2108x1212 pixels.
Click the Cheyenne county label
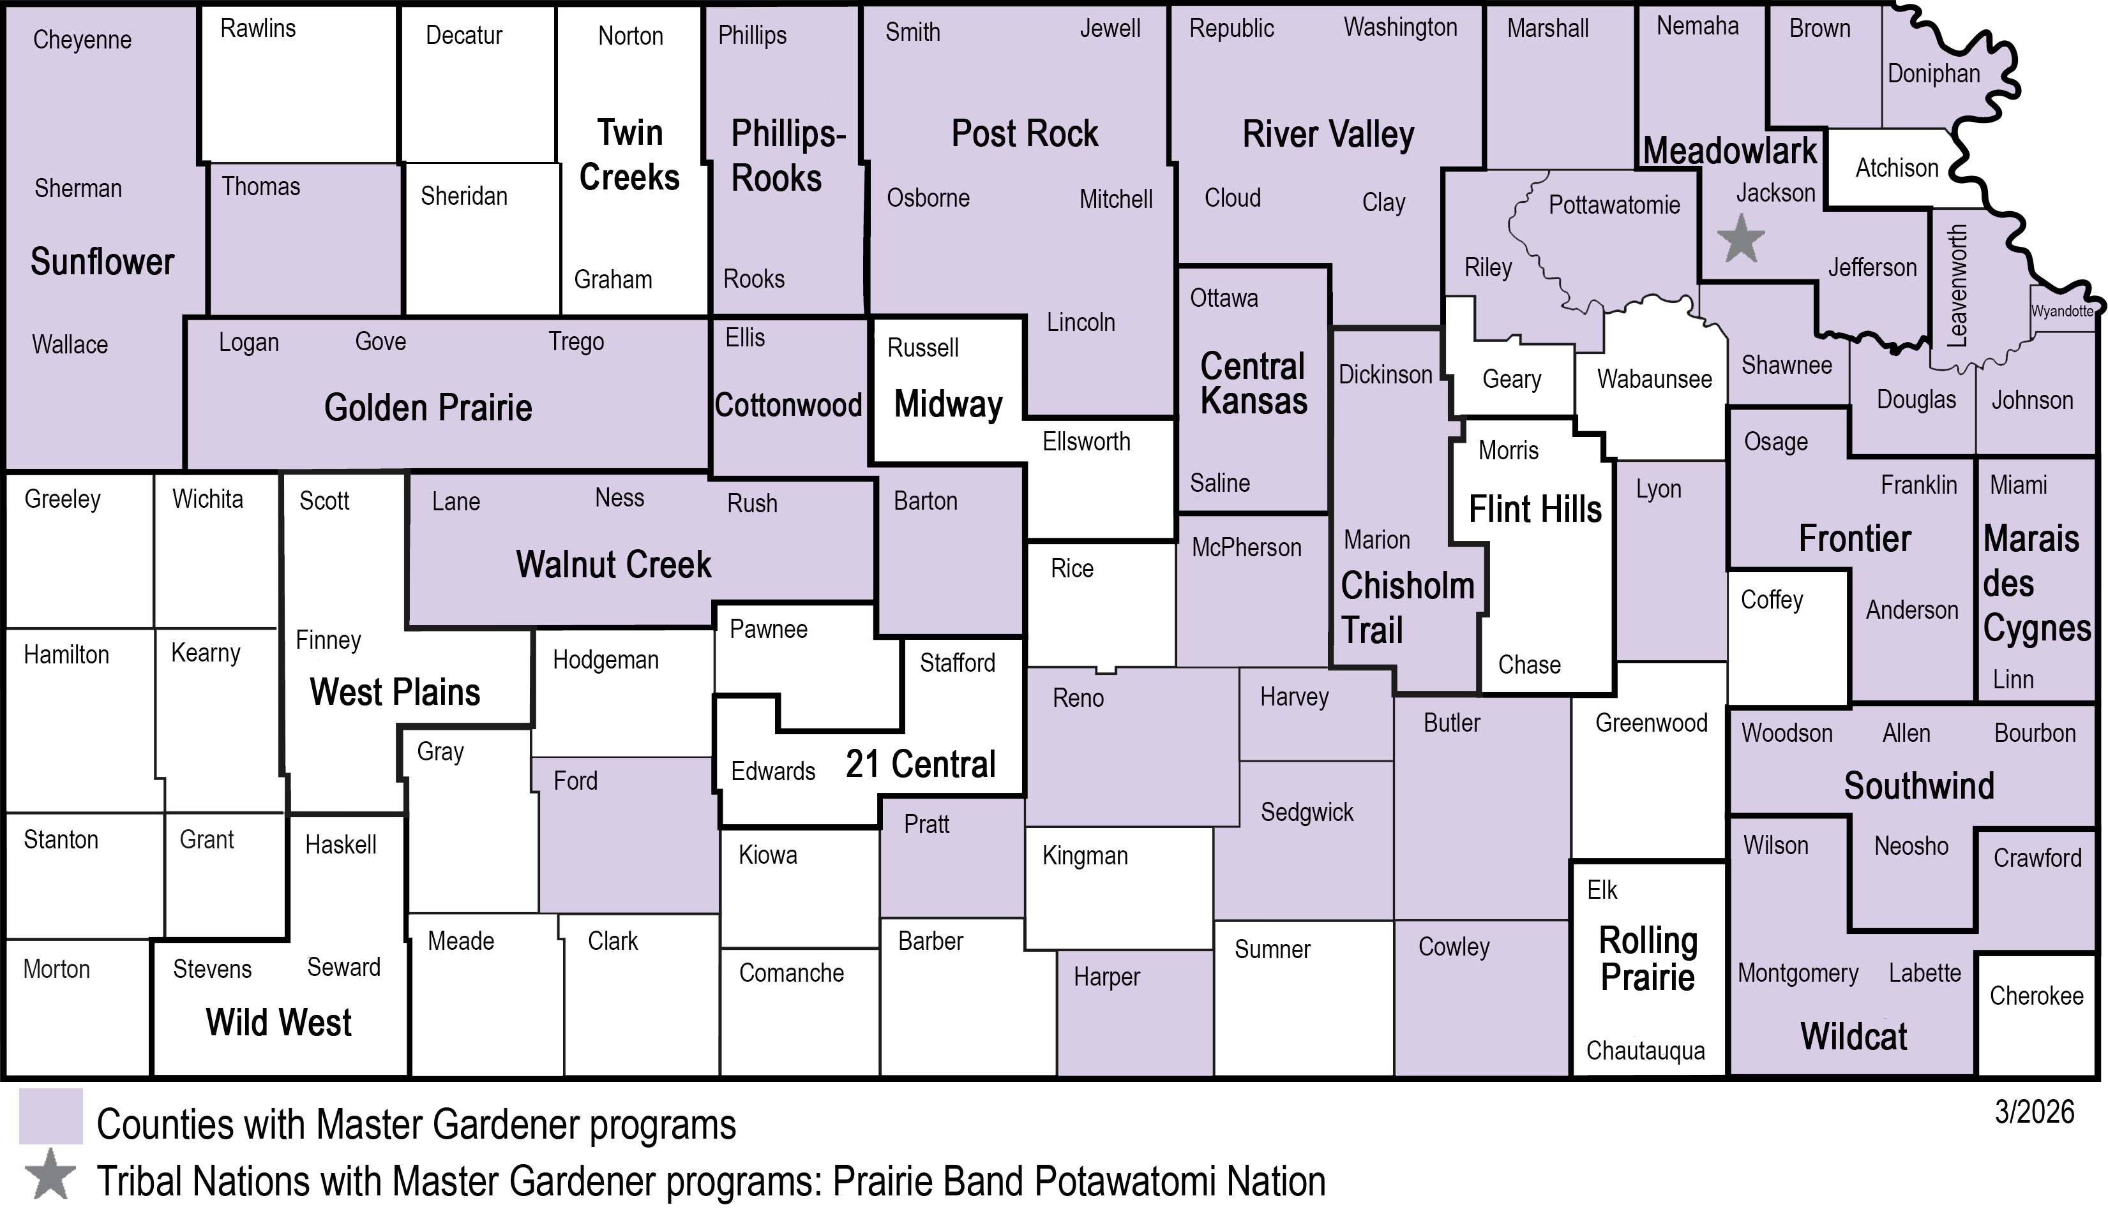(82, 40)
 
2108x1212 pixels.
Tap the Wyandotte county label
(2061, 311)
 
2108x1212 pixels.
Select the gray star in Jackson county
(1740, 239)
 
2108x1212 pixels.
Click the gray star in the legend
(50, 1174)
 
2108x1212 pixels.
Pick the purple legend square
(51, 1116)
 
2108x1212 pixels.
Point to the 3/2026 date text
(2034, 1111)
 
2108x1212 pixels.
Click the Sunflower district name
(102, 262)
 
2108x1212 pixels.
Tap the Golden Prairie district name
(428, 408)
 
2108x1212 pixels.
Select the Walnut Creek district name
(613, 565)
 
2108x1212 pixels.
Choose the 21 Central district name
(921, 764)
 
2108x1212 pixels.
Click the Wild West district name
(278, 1022)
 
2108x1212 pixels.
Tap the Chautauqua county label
(1645, 1051)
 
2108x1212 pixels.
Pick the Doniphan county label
(1933, 74)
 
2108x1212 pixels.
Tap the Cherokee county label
(2036, 996)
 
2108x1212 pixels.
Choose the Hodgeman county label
(605, 660)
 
